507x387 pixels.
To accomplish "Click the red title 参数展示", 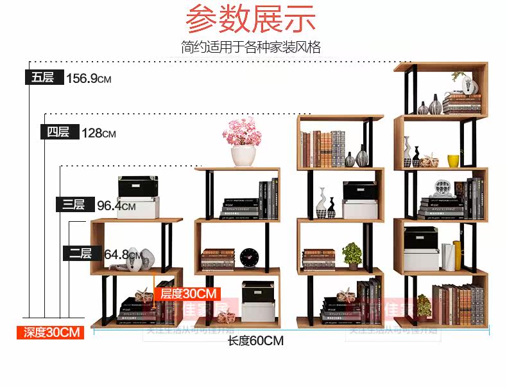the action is tap(252, 19).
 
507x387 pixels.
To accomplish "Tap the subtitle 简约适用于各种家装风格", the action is tap(251, 47).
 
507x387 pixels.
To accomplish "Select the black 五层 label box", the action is tap(44, 78).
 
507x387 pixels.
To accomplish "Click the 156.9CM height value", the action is tap(89, 78).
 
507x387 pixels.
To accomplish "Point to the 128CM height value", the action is tap(99, 133).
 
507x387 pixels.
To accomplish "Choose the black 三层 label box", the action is tap(74, 205).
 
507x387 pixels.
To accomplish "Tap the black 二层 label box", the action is tap(80, 253).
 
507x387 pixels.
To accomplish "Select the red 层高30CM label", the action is tap(187, 294).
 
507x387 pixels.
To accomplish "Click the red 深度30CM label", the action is tap(51, 332).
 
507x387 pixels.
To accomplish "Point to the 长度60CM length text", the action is tap(255, 341).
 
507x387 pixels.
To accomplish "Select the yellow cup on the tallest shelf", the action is tap(453, 161).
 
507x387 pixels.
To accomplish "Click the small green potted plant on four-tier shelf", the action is tap(352, 255).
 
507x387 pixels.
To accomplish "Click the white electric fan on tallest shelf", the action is tap(440, 188).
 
